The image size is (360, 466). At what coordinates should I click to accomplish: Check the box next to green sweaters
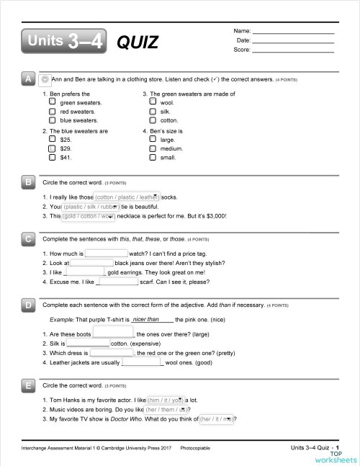[52, 103]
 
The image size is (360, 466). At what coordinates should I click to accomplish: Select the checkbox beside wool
[152, 103]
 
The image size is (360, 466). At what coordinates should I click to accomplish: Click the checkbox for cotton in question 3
[152, 120]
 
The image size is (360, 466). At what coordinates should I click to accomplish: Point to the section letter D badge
[27, 306]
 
